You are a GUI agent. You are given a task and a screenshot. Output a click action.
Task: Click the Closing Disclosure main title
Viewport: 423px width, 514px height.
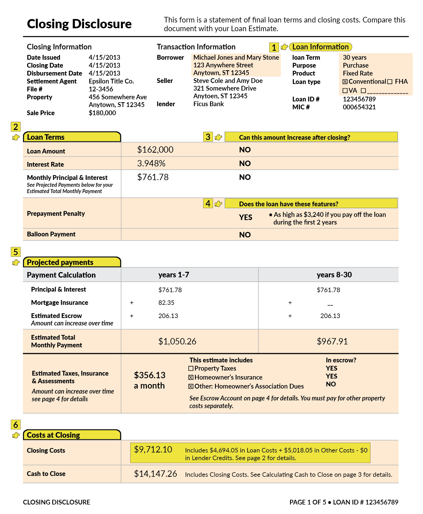click(x=79, y=24)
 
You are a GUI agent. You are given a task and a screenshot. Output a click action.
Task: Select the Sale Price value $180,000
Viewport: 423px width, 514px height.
click(x=102, y=113)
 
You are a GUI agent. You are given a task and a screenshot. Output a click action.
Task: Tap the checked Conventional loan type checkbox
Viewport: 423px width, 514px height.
click(x=345, y=82)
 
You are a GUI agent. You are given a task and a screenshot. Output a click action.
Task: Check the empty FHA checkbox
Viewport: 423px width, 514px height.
click(x=390, y=82)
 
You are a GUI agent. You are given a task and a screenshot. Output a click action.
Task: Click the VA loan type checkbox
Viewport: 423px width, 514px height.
click(x=345, y=91)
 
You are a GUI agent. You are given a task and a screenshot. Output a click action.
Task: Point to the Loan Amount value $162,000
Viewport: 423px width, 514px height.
click(x=155, y=150)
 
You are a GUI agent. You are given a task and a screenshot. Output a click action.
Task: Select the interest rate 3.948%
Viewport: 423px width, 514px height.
click(x=151, y=163)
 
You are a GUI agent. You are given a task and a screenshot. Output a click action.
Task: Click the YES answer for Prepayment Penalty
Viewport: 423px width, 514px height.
click(x=245, y=217)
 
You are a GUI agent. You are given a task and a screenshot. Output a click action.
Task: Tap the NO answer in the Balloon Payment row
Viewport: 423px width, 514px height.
click(x=245, y=235)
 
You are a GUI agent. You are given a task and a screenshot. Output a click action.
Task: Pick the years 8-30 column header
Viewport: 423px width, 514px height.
click(x=334, y=275)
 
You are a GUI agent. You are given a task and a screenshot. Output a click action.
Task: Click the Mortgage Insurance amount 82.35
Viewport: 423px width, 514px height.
click(x=166, y=303)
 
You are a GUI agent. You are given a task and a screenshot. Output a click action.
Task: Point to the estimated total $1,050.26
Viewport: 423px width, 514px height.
click(x=177, y=342)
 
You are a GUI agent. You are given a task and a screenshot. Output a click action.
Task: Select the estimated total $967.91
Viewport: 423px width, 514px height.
click(x=332, y=342)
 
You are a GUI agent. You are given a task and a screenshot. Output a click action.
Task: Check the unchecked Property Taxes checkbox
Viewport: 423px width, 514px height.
click(x=191, y=368)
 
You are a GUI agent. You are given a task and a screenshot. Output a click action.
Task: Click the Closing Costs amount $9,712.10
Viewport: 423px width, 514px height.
click(x=153, y=450)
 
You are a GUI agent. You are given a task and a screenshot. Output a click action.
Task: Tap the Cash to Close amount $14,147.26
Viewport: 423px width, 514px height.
click(x=155, y=474)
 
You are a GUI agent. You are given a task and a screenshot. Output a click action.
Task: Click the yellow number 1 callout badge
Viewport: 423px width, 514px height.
click(x=274, y=48)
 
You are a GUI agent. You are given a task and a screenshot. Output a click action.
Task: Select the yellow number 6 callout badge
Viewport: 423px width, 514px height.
click(x=16, y=425)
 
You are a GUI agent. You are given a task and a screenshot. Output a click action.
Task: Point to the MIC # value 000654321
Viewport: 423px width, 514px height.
click(x=359, y=107)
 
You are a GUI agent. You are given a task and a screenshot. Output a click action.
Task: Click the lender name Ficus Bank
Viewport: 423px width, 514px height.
click(x=208, y=104)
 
